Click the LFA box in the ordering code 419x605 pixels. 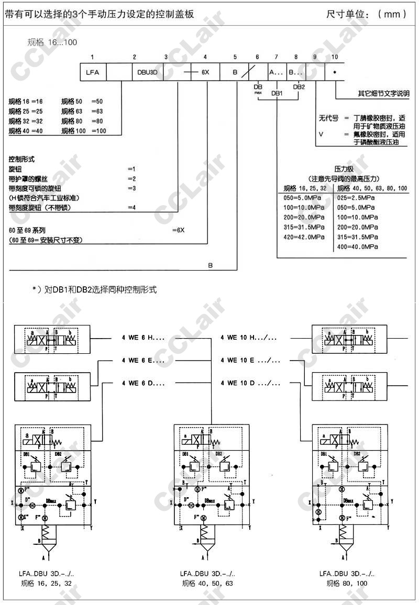click(x=93, y=72)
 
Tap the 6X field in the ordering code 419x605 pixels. click(x=205, y=72)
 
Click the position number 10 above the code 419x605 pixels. click(x=335, y=57)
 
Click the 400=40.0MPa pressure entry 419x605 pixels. click(x=357, y=247)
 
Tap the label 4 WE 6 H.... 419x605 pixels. click(x=143, y=338)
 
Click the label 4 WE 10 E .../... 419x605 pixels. click(x=250, y=360)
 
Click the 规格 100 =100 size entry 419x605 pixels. click(x=84, y=131)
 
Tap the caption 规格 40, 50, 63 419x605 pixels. click(x=207, y=583)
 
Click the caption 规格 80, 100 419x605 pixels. click(x=347, y=583)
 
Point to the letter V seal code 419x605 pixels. click(x=321, y=135)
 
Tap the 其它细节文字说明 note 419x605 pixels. click(x=384, y=94)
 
